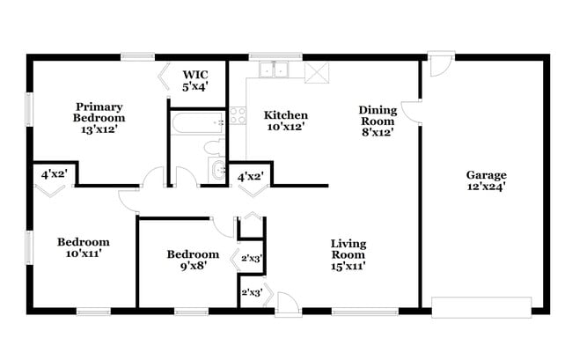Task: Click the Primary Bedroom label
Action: [x=99, y=117]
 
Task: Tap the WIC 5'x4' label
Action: [x=195, y=80]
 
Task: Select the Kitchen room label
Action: [x=286, y=121]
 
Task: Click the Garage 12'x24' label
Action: [x=486, y=180]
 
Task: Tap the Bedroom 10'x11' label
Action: [x=83, y=247]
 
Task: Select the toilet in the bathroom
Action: [x=214, y=147]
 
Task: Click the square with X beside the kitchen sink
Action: [x=315, y=71]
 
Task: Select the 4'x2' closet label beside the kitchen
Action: [x=251, y=177]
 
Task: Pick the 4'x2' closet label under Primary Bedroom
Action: [x=53, y=174]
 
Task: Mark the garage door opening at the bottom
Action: [x=481, y=307]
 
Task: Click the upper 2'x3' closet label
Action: [x=253, y=258]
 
